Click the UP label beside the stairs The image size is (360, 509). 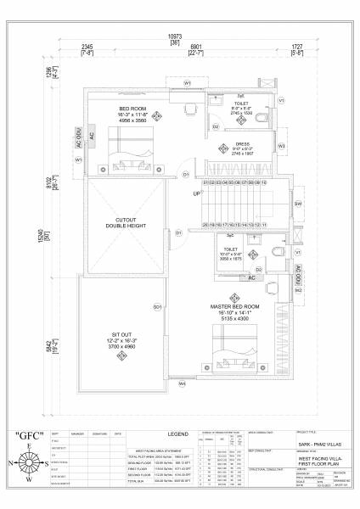[197, 193]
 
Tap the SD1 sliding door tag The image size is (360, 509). [157, 306]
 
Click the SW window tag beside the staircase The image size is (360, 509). [298, 204]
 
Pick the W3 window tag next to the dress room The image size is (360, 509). [282, 145]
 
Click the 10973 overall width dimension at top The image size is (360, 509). [175, 37]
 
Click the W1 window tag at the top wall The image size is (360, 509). [187, 82]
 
